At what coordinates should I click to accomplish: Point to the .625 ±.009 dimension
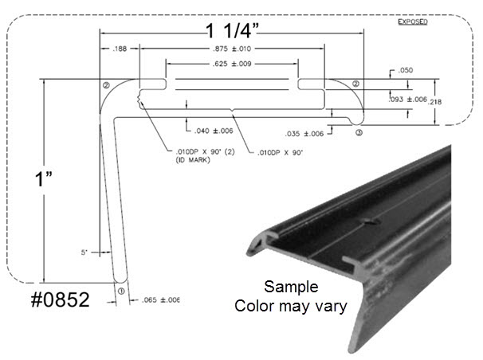pyautogui.click(x=232, y=65)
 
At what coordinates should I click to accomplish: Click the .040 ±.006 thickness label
pyautogui.click(x=214, y=130)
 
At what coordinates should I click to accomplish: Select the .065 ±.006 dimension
pyautogui.click(x=159, y=299)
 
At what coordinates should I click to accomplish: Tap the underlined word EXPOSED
pyautogui.click(x=412, y=22)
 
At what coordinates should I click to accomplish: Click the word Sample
pyautogui.click(x=291, y=287)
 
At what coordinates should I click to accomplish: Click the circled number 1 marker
pyautogui.click(x=121, y=292)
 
